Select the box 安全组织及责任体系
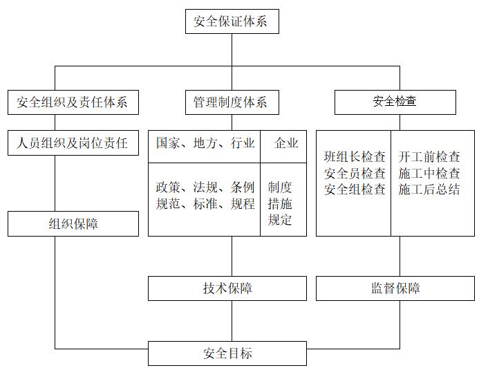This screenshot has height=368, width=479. pos(73,102)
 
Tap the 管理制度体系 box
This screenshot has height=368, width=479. pos(227,102)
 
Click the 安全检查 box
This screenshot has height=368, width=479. pos(395,102)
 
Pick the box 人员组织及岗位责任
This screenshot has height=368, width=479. pos(73,143)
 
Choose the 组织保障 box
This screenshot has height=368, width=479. pos(73,224)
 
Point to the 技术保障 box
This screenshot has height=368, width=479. pos(227,288)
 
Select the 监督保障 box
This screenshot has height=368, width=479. pos(395,288)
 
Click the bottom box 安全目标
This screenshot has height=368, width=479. pos(227,353)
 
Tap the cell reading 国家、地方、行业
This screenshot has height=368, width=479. pos(205,143)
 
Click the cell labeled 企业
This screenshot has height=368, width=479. pos(286,143)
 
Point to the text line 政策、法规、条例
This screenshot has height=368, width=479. pos(205,187)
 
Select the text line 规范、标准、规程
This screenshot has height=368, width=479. pos(205,204)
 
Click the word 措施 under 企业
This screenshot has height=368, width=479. pos(280,204)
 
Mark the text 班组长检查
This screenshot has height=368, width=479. pos(355,157)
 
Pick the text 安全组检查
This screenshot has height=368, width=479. pos(355,189)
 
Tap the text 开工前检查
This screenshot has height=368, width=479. pos(429,157)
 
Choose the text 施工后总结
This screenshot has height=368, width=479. pos(429,189)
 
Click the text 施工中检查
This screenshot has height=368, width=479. pos(429,173)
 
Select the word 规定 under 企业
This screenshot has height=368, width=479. pos(280,220)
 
